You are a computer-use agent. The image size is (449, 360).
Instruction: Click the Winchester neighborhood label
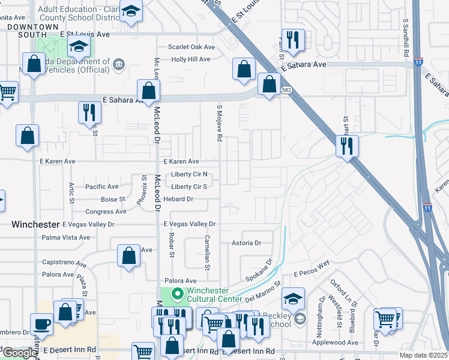(x=35, y=224)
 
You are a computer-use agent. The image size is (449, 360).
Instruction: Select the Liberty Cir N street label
(x=189, y=175)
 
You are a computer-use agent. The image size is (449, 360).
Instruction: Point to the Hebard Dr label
(x=178, y=199)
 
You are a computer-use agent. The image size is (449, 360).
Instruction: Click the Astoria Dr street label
(x=247, y=243)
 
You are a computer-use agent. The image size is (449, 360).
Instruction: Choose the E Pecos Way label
(x=312, y=268)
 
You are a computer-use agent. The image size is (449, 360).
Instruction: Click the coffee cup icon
(x=41, y=323)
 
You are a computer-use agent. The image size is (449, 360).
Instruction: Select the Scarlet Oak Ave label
(x=191, y=47)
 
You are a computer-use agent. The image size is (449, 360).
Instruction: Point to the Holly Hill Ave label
(x=190, y=59)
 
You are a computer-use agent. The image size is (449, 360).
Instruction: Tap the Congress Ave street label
(x=106, y=212)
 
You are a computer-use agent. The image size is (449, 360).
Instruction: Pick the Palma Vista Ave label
(x=67, y=238)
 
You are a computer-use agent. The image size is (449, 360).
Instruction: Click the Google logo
(x=20, y=353)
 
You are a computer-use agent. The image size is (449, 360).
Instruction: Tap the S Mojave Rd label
(x=220, y=123)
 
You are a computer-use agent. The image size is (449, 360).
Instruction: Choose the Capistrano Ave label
(x=64, y=263)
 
